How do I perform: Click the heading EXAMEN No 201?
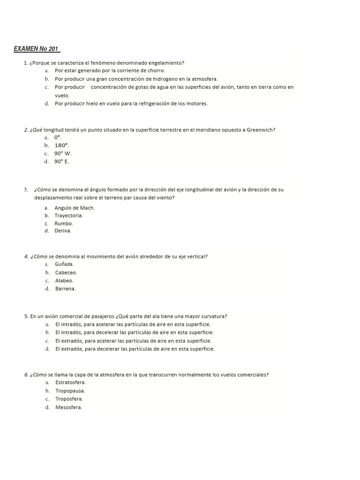[x=37, y=49]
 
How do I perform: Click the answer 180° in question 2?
[x=62, y=145]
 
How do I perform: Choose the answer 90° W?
[x=63, y=153]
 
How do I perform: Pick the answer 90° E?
[x=61, y=161]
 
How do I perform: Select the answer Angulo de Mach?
[x=75, y=208]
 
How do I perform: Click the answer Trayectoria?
[x=69, y=216]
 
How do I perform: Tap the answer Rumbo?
[x=64, y=224]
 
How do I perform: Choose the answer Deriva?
[x=63, y=231]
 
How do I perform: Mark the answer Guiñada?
[x=64, y=264]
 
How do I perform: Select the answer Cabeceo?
[x=66, y=272]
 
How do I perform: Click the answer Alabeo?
[x=64, y=280]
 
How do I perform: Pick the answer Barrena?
[x=65, y=288]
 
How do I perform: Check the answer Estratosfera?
[x=71, y=382]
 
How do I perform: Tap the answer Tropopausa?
[x=70, y=390]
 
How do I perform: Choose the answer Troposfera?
[x=69, y=398]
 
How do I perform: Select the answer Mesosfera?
[x=69, y=407]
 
